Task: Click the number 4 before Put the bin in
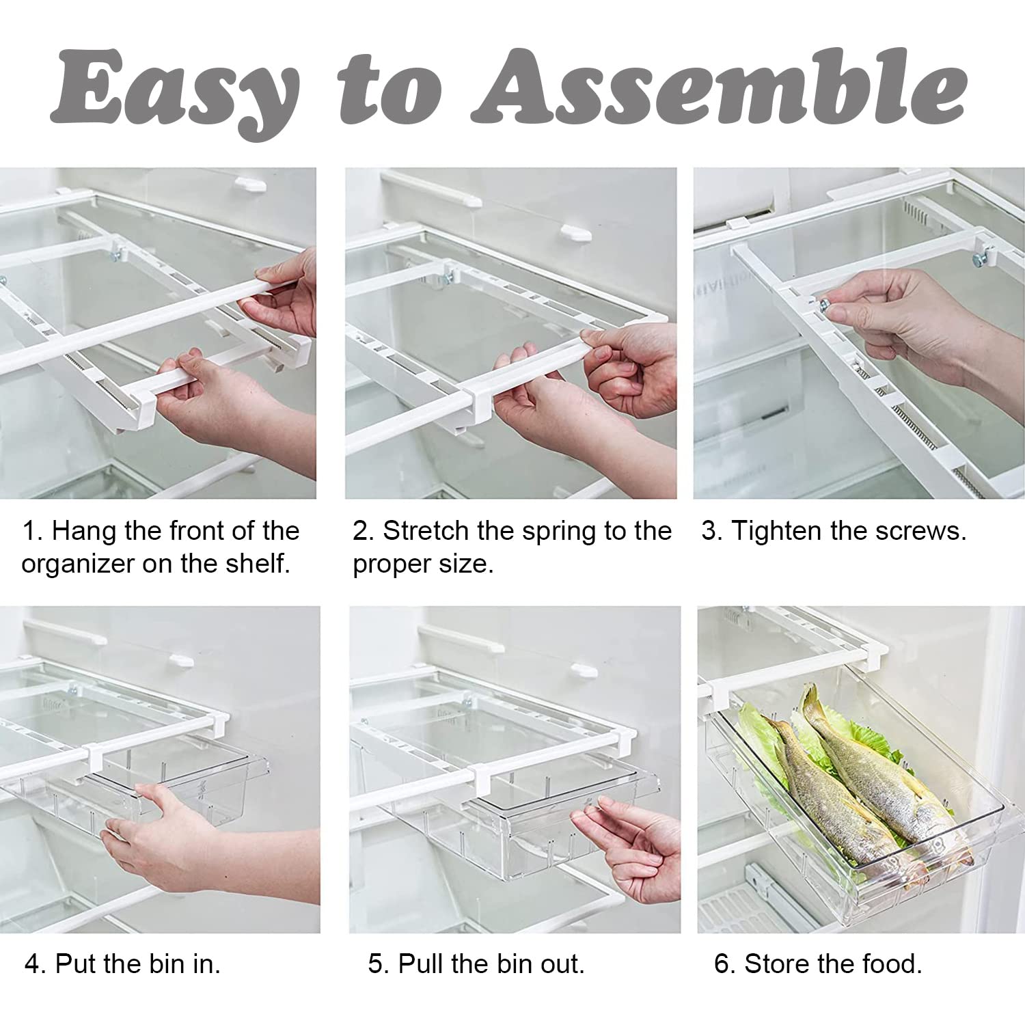(34, 964)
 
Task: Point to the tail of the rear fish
(810, 700)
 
